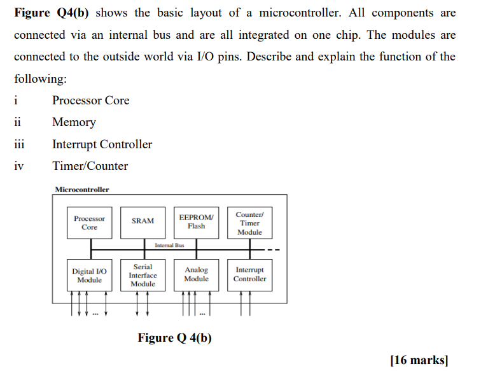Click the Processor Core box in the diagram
click(x=89, y=223)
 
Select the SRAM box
click(x=143, y=221)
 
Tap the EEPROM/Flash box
click(x=196, y=221)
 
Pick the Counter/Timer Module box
click(x=249, y=223)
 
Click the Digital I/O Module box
click(x=89, y=275)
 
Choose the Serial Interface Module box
click(x=143, y=275)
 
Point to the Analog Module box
click(x=196, y=274)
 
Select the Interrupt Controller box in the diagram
click(x=249, y=274)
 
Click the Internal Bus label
click(x=169, y=245)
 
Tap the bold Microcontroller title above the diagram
click(x=82, y=190)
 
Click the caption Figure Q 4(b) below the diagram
click(x=174, y=337)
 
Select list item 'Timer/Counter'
click(x=90, y=166)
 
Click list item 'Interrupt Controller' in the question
click(x=102, y=144)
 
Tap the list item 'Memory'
click(x=74, y=122)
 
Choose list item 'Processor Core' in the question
click(x=90, y=101)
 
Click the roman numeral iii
click(x=19, y=144)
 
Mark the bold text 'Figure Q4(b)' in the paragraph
click(x=52, y=13)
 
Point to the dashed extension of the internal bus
click(x=273, y=249)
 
